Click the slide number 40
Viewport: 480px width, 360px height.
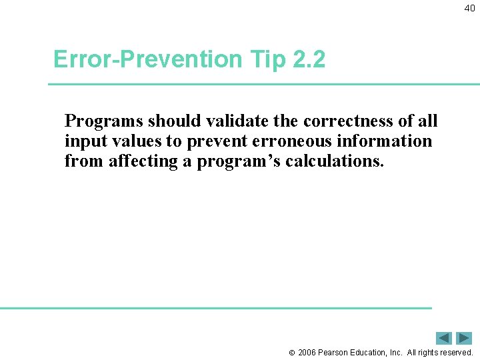pyautogui.click(x=469, y=8)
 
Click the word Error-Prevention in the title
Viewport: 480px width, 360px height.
pyautogui.click(x=148, y=60)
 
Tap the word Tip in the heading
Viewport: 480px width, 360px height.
pyautogui.click(x=267, y=60)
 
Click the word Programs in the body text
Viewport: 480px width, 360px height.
pyautogui.click(x=103, y=121)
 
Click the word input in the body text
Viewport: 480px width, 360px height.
pyautogui.click(x=83, y=141)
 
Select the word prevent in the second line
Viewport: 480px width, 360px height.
pyautogui.click(x=209, y=141)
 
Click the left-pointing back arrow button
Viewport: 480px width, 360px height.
pyautogui.click(x=444, y=338)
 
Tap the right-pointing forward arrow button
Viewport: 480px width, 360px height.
pyautogui.click(x=464, y=338)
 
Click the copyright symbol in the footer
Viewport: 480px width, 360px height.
pyautogui.click(x=291, y=353)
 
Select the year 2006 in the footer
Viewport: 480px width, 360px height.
pyautogui.click(x=307, y=352)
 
